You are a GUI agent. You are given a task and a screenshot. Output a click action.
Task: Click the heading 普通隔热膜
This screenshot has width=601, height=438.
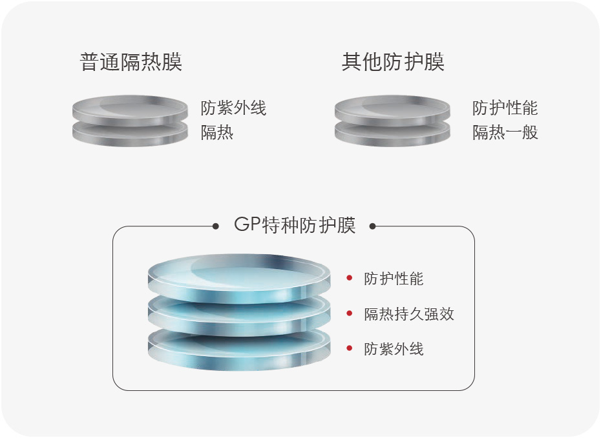pyautogui.click(x=131, y=62)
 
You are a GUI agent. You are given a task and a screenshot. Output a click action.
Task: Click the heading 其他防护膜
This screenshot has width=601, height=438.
pyautogui.click(x=393, y=62)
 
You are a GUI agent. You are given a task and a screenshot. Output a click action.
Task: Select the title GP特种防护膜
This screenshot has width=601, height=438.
pyautogui.click(x=295, y=225)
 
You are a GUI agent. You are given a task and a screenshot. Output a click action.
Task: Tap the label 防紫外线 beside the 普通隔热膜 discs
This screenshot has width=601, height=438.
pyautogui.click(x=233, y=108)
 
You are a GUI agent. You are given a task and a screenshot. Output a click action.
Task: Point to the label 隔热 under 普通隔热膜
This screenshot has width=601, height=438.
pyautogui.click(x=217, y=133)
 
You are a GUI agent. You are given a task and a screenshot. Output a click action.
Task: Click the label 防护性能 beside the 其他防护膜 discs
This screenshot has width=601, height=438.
pyautogui.click(x=505, y=108)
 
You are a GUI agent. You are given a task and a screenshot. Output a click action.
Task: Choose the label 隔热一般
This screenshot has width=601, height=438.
pyautogui.click(x=505, y=133)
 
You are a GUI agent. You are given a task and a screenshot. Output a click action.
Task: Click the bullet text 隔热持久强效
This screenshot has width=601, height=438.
pyautogui.click(x=409, y=314)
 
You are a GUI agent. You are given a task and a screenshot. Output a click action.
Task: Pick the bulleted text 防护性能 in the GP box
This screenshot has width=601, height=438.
pyautogui.click(x=394, y=279)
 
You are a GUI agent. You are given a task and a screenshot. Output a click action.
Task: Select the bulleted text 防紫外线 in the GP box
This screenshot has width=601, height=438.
pyautogui.click(x=394, y=349)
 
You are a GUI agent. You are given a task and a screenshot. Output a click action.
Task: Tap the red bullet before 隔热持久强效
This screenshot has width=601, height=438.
pyautogui.click(x=350, y=314)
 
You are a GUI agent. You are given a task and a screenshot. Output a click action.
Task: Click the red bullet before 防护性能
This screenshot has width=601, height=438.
pyautogui.click(x=350, y=278)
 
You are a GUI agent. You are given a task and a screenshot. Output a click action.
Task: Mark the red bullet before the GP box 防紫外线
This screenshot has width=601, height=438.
pyautogui.click(x=350, y=348)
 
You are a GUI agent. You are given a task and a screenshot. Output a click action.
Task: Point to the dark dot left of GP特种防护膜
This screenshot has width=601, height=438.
pyautogui.click(x=216, y=226)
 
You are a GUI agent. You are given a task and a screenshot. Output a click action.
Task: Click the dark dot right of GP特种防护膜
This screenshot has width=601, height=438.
pyautogui.click(x=372, y=226)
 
